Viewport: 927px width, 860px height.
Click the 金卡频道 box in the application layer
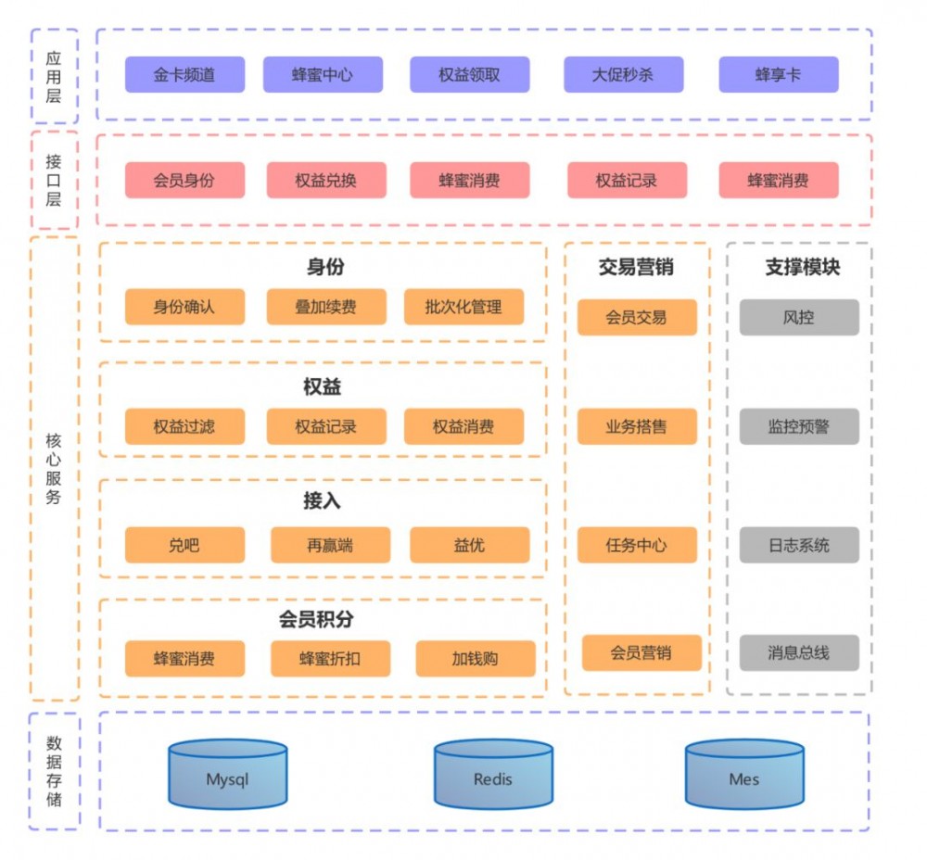[184, 75]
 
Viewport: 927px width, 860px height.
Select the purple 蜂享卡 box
[778, 75]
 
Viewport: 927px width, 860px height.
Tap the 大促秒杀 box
[623, 75]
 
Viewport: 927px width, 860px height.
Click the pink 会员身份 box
[184, 181]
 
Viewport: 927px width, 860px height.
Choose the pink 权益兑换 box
[326, 181]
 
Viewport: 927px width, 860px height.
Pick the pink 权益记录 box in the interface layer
[627, 181]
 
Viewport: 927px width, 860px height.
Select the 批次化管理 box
[463, 307]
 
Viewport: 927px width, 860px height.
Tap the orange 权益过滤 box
[184, 427]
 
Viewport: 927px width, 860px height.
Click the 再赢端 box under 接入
[330, 546]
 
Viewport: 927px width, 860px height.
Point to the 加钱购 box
[475, 659]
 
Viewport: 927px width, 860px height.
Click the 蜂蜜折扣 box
[330, 659]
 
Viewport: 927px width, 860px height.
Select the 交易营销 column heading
[636, 268]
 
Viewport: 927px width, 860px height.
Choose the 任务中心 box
[636, 546]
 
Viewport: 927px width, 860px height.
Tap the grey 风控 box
[798, 317]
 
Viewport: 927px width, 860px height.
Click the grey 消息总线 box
[798, 653]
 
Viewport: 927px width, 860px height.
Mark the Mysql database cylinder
[227, 776]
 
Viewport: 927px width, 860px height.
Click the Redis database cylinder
[493, 776]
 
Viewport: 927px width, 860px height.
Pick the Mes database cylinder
[744, 776]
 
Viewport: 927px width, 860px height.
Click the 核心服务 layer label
[54, 468]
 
